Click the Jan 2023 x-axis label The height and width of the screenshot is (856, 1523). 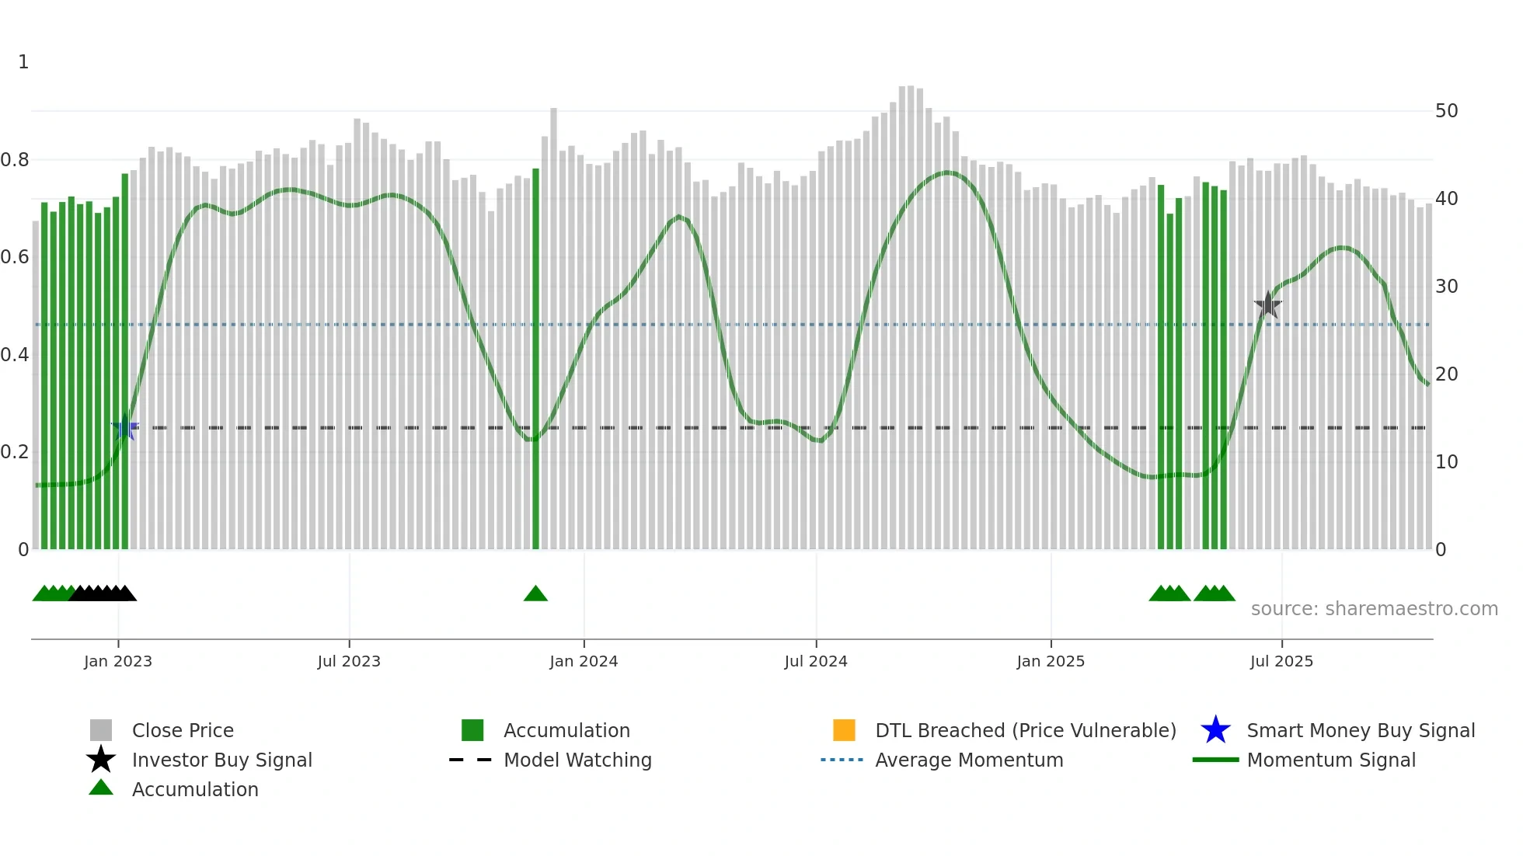pos(118,661)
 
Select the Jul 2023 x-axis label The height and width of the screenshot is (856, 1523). pos(349,661)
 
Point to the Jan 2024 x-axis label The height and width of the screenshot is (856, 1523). pos(584,661)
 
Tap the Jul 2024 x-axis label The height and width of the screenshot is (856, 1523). pos(816,661)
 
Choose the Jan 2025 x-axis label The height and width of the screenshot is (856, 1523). pos(1051,661)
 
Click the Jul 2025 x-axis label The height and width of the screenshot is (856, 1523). pos(1281,661)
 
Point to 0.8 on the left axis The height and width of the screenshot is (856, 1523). pos(15,160)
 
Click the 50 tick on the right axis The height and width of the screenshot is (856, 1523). pos(1446,111)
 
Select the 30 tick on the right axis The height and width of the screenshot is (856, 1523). pos(1446,287)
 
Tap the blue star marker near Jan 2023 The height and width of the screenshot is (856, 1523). pos(124,427)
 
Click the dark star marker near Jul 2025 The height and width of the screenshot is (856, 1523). pos(1268,305)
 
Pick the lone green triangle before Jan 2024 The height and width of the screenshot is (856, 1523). pos(535,593)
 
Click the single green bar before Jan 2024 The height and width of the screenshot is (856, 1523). pos(535,357)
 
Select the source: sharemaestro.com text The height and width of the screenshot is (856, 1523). pos(1374,609)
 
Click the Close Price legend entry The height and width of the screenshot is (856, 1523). pos(183,730)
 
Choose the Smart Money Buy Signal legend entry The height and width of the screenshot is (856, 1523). pos(1361,730)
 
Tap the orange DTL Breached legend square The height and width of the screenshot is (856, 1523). pos(844,730)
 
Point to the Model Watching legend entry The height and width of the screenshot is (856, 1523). pos(577,760)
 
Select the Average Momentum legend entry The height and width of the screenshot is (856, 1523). pos(969,760)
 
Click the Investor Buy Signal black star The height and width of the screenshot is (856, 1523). pos(101,760)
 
